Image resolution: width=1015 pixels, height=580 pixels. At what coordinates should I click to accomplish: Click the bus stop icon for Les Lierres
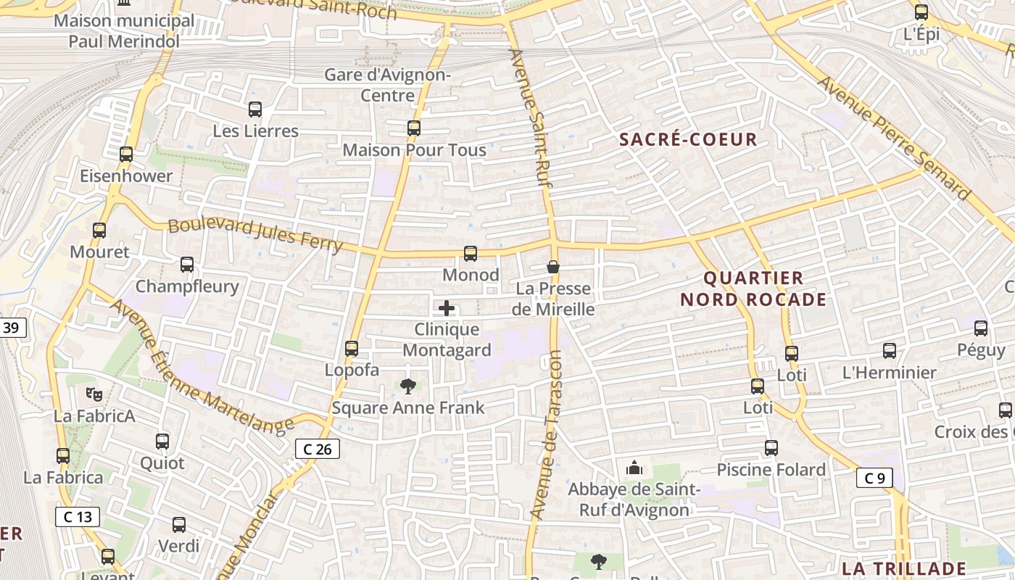click(x=255, y=109)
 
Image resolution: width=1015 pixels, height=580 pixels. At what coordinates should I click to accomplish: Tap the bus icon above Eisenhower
click(x=126, y=154)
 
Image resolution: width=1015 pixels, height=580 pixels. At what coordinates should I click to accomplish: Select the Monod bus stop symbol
click(x=471, y=254)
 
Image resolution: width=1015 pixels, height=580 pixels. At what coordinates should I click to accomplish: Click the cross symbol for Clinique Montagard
click(x=447, y=308)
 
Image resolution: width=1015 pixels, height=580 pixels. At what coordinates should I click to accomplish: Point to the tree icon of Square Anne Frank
click(x=408, y=386)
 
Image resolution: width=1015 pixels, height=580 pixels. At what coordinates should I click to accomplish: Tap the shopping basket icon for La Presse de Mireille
click(x=553, y=267)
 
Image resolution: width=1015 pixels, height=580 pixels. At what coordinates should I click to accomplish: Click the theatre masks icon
click(x=94, y=394)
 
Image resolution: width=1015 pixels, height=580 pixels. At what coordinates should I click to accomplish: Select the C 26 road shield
click(x=318, y=449)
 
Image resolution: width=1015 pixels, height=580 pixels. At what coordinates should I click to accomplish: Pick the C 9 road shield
click(x=874, y=478)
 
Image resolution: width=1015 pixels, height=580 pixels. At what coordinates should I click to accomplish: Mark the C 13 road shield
click(x=78, y=517)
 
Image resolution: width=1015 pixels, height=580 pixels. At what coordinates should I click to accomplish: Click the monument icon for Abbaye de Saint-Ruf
click(x=634, y=468)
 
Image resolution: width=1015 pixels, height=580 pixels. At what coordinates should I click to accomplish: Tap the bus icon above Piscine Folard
click(x=771, y=448)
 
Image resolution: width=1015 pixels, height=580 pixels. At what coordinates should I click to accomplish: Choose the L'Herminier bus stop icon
click(x=890, y=351)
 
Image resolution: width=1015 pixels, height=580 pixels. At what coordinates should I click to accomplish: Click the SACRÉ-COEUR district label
click(x=688, y=139)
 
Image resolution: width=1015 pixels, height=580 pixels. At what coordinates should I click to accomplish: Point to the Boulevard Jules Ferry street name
click(x=255, y=234)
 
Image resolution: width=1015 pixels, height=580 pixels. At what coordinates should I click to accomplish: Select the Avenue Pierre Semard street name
click(x=894, y=137)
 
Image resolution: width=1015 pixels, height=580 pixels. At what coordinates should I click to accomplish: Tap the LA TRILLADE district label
click(x=904, y=569)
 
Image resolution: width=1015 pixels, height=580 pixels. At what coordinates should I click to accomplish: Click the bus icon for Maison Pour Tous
click(x=413, y=128)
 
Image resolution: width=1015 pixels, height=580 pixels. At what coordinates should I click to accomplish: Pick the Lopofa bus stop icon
click(x=352, y=349)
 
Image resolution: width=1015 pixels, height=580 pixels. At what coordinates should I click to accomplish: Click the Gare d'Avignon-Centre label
click(x=388, y=85)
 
